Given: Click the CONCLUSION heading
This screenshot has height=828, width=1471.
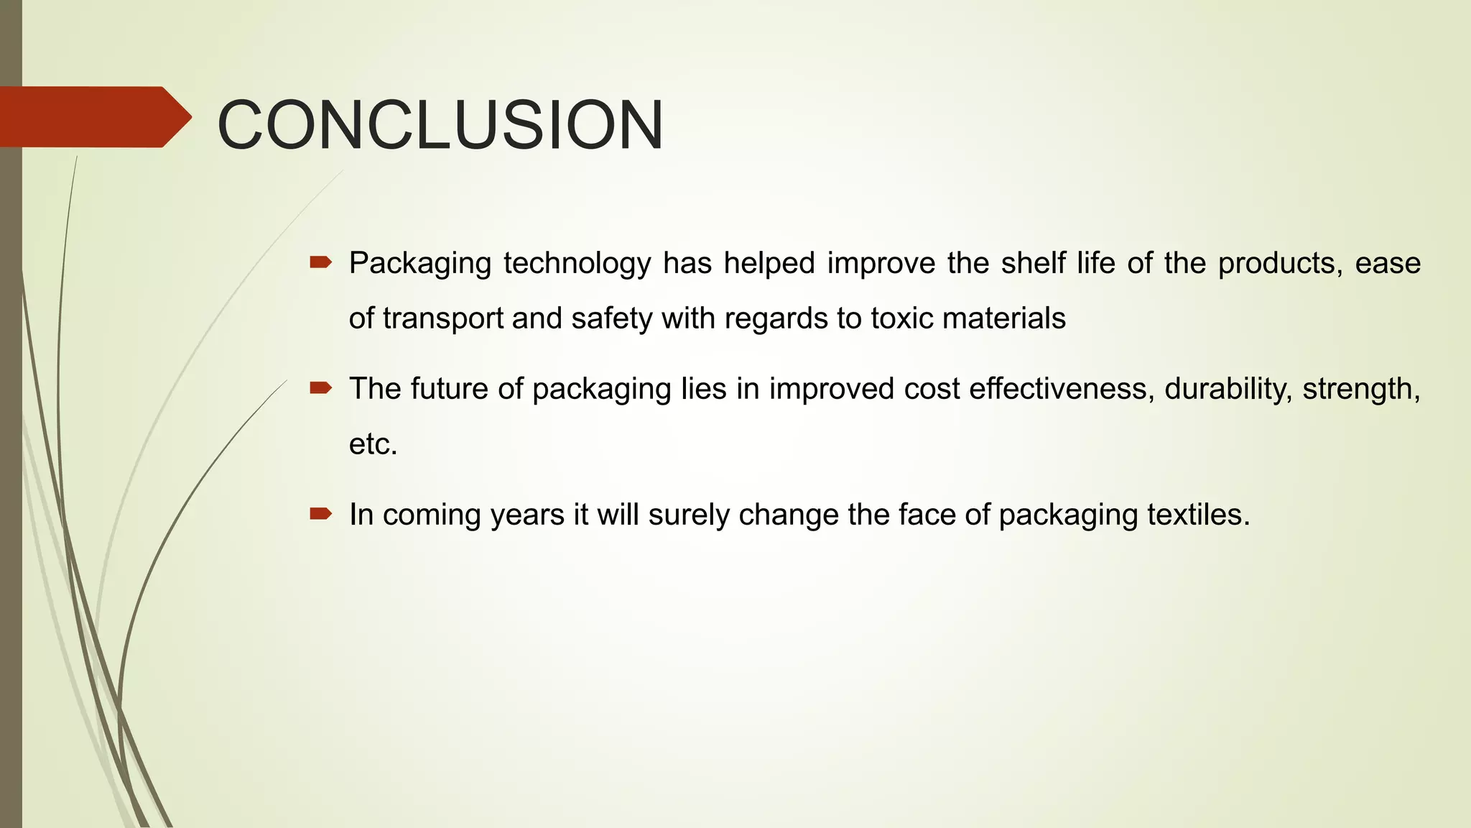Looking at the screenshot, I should point(440,125).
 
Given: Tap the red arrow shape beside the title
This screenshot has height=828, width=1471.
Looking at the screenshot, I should point(93,117).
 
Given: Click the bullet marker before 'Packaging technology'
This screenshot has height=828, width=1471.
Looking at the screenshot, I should point(320,263).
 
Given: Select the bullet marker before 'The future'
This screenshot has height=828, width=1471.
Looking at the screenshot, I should point(320,389).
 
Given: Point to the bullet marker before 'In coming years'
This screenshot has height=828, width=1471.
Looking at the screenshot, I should point(320,514).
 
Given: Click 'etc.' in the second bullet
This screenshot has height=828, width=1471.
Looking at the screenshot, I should point(373,444).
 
